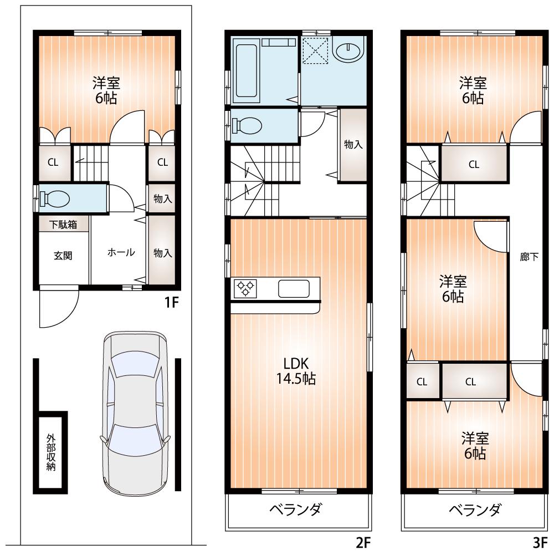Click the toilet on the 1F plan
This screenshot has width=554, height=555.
click(56, 198)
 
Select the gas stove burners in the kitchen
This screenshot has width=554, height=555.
click(245, 288)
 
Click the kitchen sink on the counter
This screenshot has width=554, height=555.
click(294, 289)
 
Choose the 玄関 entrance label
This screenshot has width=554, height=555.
click(63, 256)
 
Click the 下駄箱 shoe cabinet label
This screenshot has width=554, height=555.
click(63, 224)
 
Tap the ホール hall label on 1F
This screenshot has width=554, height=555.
click(121, 252)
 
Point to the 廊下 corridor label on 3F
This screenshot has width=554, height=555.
click(529, 257)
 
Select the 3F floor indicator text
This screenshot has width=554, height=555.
click(541, 541)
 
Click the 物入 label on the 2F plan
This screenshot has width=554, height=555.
click(353, 145)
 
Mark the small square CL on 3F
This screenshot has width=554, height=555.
click(422, 381)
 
